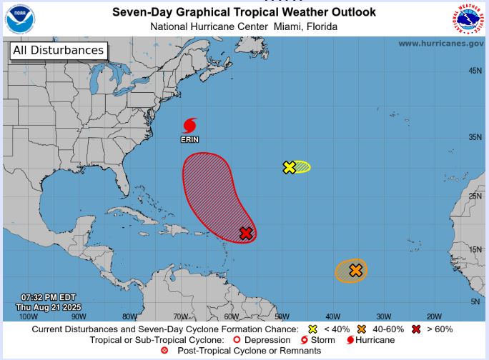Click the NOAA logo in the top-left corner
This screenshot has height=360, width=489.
click(x=20, y=19)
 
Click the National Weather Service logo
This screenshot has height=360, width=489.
click(x=468, y=19)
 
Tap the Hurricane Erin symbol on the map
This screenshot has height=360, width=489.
click(x=189, y=126)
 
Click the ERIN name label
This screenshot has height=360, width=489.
click(x=189, y=139)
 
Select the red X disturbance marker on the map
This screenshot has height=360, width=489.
click(x=246, y=233)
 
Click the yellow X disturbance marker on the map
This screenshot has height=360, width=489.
click(x=289, y=167)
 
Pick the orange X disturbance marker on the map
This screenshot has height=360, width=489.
click(x=355, y=270)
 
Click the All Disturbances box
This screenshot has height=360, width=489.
click(x=58, y=50)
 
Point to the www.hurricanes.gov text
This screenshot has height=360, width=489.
click(x=440, y=44)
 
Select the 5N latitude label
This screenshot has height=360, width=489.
click(x=475, y=301)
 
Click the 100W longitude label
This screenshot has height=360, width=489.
click(x=28, y=316)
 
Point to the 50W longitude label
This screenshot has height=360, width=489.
click(x=282, y=316)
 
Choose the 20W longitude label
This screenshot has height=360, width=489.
click(x=434, y=316)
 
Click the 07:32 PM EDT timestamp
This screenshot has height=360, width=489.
click(x=48, y=297)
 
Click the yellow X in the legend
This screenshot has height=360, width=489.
click(x=312, y=329)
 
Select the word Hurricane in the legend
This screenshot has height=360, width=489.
click(x=375, y=339)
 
